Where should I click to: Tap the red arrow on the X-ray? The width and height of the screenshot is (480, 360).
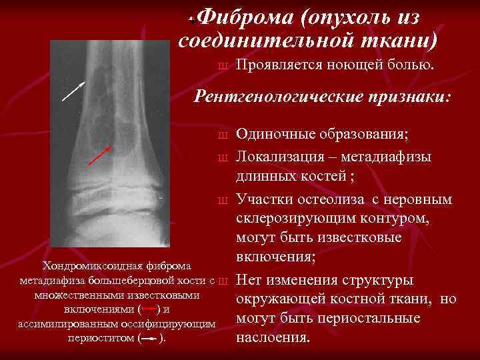[100, 155]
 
